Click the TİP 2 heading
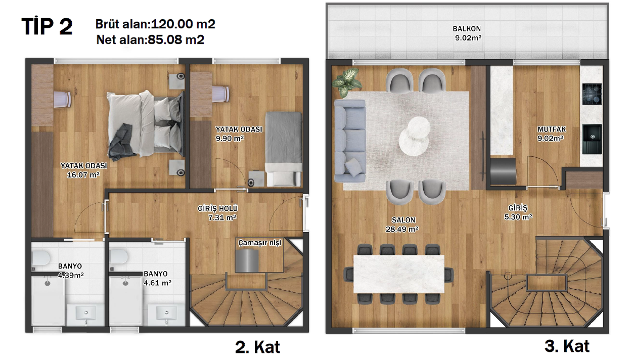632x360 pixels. (x=47, y=27)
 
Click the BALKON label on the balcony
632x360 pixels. (x=466, y=29)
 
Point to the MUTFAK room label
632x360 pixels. (x=550, y=129)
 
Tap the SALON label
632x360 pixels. (x=403, y=220)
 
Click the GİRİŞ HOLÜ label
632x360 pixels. (x=217, y=208)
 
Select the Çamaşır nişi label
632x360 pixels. (x=260, y=243)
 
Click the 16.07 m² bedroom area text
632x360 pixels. (x=83, y=175)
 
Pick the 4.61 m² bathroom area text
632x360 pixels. (x=157, y=283)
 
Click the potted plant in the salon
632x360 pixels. (x=348, y=81)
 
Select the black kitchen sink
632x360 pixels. (x=592, y=139)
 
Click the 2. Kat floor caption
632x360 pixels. (x=257, y=347)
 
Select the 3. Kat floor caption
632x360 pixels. (x=567, y=346)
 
